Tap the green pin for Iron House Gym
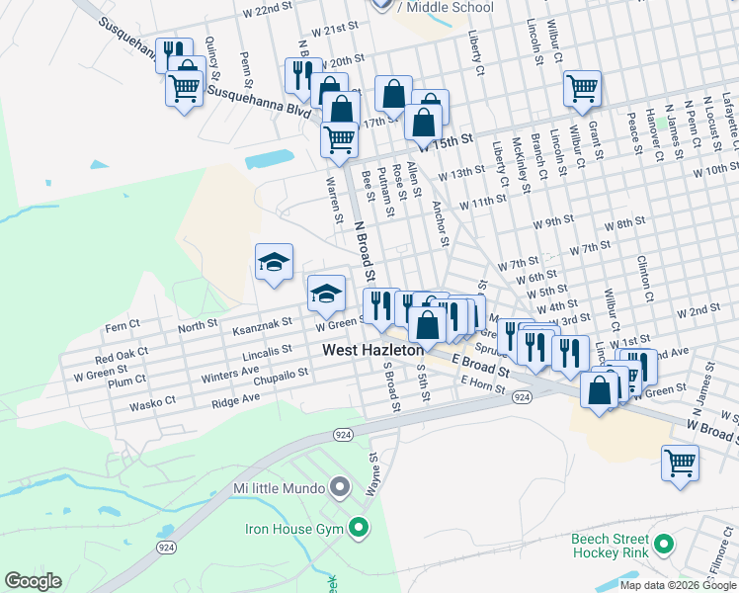tap(359, 529)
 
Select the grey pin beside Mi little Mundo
tap(340, 488)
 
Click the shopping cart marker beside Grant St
tap(583, 88)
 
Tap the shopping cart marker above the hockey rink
tap(680, 463)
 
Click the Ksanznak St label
tap(262, 322)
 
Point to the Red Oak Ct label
tap(122, 354)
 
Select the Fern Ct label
tap(123, 325)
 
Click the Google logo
tap(33, 581)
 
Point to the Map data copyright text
tap(677, 585)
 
